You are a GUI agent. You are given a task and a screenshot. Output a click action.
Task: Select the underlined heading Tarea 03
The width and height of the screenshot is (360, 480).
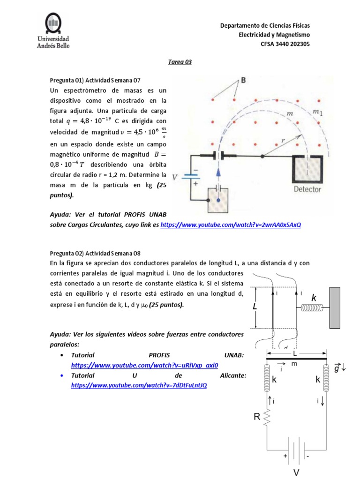(180, 62)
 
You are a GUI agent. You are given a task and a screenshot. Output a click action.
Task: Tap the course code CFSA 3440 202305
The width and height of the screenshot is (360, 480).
(285, 44)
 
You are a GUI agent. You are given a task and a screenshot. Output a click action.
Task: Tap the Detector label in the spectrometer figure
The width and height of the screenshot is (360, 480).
(307, 189)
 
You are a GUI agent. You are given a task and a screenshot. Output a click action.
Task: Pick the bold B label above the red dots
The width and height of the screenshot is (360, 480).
(243, 81)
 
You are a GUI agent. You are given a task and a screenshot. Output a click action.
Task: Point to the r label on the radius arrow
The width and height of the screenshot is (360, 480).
(284, 140)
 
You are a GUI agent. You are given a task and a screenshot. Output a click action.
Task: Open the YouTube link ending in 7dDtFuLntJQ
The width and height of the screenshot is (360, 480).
(139, 385)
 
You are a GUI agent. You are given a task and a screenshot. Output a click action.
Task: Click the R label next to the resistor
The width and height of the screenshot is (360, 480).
(257, 415)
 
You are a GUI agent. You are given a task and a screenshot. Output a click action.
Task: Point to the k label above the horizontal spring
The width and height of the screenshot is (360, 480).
(314, 298)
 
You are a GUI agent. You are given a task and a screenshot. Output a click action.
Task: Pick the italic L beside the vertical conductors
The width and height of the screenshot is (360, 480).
(255, 307)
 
